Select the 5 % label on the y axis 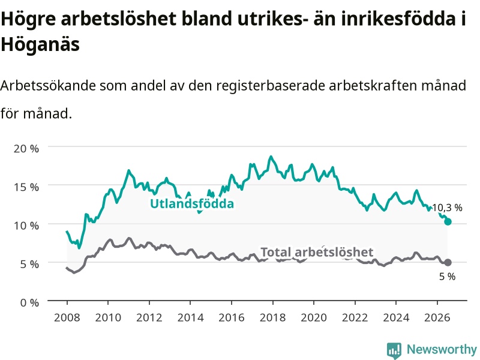[x=29, y=264]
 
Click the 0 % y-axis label [x=29, y=303]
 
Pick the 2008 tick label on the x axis [x=67, y=317]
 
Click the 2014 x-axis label [x=190, y=317]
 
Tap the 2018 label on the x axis [x=273, y=317]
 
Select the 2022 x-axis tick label [x=355, y=317]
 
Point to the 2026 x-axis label [x=437, y=317]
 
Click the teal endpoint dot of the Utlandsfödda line [x=448, y=221]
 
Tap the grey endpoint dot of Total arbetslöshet [x=448, y=262]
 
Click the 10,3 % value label [x=447, y=208]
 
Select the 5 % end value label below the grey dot [x=447, y=277]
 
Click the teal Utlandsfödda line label [x=192, y=204]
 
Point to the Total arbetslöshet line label [x=317, y=252]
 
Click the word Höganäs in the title [x=40, y=44]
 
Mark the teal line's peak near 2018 [x=271, y=157]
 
